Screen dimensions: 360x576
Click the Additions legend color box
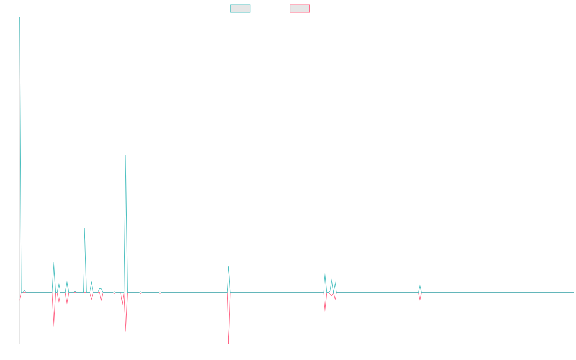click(x=240, y=9)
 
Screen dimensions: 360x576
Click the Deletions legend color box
click(x=300, y=9)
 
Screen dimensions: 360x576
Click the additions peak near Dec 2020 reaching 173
click(x=126, y=155)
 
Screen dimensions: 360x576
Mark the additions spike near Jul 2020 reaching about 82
click(x=85, y=228)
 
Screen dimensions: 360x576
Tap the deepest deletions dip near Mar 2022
click(x=229, y=343)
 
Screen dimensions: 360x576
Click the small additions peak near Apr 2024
click(x=420, y=282)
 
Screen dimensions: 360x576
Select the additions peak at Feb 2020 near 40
click(x=54, y=262)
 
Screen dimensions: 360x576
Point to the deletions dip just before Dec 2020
click(x=126, y=331)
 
